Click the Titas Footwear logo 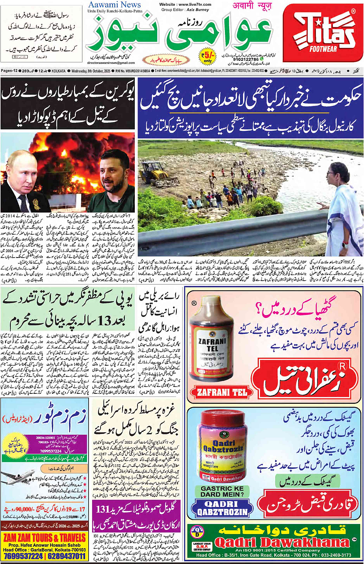point(323,33)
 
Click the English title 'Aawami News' point(114,5)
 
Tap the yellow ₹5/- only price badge point(208,56)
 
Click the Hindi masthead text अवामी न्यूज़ point(252,6)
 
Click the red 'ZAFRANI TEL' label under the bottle point(222,393)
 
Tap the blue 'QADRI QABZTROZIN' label point(222,508)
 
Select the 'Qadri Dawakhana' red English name point(282,542)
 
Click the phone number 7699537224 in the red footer point(23,556)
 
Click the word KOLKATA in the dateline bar point(59,71)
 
